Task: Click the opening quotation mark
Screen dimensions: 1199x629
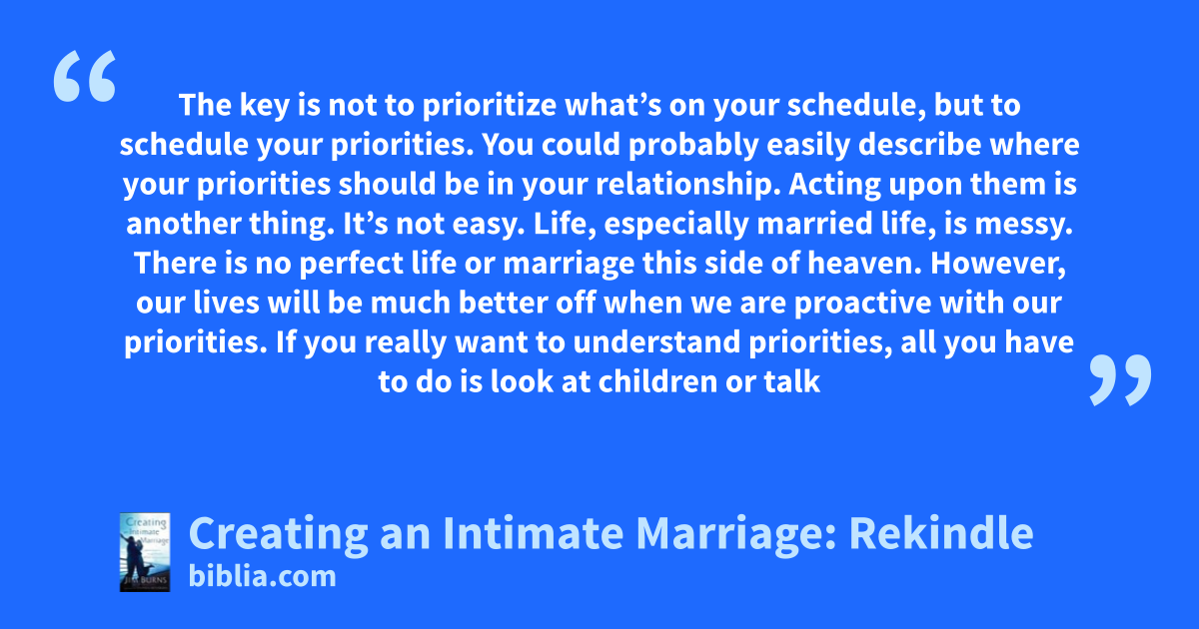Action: pos(85,76)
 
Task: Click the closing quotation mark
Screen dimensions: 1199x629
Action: pos(1120,379)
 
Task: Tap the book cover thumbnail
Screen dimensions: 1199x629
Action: pos(145,552)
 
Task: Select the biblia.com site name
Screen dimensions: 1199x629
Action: pos(262,577)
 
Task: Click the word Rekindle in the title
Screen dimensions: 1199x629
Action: pos(941,533)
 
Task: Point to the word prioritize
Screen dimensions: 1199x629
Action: pos(490,106)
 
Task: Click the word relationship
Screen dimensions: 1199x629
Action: pos(687,185)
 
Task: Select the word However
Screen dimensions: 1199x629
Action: pos(998,264)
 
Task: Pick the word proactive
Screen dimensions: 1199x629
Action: pos(863,304)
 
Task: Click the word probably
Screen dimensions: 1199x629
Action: pos(693,145)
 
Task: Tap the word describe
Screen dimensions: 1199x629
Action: pos(920,145)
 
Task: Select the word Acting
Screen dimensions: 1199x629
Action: pos(834,185)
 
